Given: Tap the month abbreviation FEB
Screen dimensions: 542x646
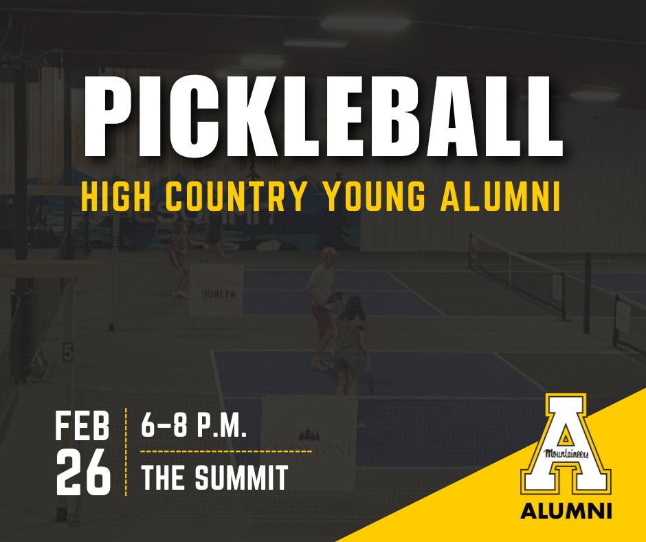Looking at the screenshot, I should [82, 427].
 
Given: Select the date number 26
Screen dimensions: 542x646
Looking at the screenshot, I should [82, 474].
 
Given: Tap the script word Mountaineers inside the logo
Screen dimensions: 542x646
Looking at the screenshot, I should [565, 453].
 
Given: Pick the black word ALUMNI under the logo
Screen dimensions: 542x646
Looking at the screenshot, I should [566, 512].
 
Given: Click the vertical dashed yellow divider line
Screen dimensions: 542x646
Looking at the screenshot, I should [126, 451].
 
